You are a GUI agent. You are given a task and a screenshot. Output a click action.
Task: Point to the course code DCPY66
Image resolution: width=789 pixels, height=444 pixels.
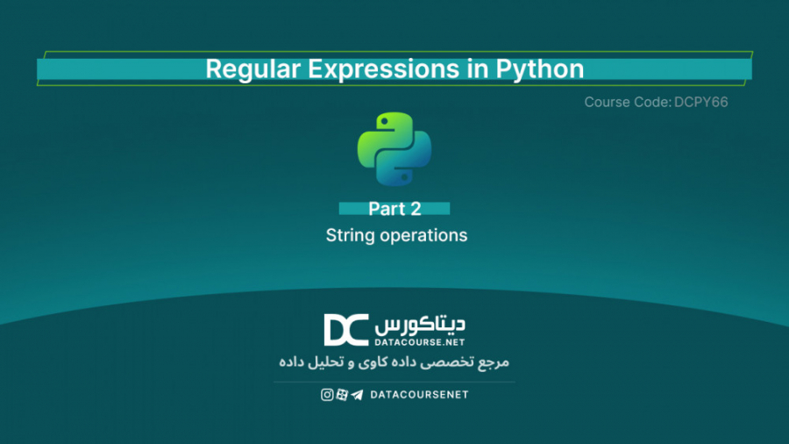click(702, 103)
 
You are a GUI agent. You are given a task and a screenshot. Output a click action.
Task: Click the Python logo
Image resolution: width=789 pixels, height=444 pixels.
click(394, 148)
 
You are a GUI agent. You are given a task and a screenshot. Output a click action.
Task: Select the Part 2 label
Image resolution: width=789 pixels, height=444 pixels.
click(394, 209)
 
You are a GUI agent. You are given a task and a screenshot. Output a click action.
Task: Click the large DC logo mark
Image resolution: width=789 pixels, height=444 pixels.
click(346, 330)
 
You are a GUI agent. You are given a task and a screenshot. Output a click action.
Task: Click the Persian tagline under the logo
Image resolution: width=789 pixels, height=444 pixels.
click(394, 362)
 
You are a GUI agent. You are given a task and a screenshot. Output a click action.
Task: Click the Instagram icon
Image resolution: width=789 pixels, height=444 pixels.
click(327, 395)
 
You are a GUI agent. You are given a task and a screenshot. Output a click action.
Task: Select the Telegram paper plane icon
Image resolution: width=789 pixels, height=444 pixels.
click(357, 395)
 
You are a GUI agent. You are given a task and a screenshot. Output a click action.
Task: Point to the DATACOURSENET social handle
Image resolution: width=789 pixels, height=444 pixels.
click(420, 395)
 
